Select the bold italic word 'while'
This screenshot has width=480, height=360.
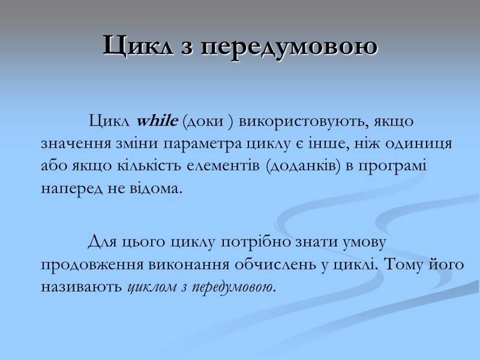(156, 121)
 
